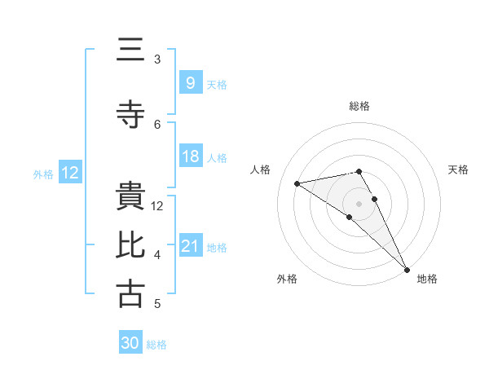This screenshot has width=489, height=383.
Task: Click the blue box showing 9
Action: point(190,82)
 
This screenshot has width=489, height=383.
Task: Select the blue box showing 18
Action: point(190,156)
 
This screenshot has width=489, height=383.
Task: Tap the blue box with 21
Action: point(190,246)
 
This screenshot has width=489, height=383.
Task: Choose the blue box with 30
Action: point(130,343)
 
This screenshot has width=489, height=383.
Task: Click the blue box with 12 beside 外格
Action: point(69,173)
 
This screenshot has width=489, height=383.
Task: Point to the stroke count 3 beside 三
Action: point(157,59)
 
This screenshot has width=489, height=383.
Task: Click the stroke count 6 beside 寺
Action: point(157,124)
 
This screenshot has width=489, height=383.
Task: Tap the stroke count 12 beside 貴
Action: point(158,206)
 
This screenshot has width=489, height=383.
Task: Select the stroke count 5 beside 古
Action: point(157,304)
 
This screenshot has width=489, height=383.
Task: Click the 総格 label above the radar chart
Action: point(359,106)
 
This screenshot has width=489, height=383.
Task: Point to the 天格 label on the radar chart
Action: point(458,169)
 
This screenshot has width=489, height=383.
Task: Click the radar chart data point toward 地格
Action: point(407,270)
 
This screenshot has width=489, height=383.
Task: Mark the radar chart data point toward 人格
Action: point(297,183)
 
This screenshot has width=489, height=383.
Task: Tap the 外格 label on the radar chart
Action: point(287,279)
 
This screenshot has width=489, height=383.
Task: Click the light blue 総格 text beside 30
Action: point(156,345)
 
